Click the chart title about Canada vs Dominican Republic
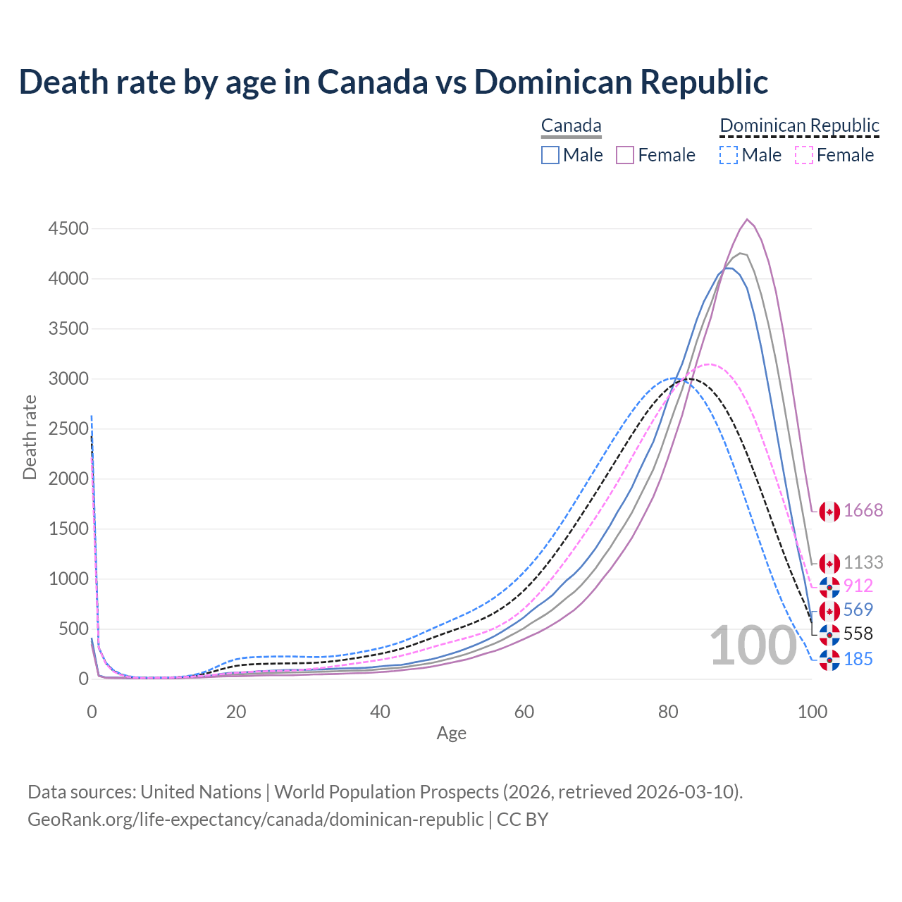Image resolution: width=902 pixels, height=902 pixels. [393, 82]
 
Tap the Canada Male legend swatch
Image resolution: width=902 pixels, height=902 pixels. [550, 155]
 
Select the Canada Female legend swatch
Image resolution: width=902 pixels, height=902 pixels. [626, 155]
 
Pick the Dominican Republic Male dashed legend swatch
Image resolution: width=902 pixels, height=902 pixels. [729, 155]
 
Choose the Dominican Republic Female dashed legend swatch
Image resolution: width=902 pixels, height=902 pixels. [804, 155]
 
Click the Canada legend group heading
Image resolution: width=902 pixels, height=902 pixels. [571, 126]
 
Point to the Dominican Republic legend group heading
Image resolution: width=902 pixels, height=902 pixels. [799, 126]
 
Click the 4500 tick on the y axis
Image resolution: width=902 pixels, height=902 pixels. [68, 229]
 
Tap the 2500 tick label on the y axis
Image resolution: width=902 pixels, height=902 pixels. [68, 429]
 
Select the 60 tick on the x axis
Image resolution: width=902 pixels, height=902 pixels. [524, 712]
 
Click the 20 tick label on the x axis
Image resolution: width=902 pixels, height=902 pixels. [236, 712]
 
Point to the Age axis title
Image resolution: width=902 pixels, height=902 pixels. [451, 734]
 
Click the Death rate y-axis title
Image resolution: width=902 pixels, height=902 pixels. [30, 437]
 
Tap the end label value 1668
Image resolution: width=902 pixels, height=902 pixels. [863, 511]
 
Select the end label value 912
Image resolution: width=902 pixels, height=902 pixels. [858, 586]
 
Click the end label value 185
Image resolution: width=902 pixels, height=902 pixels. [858, 660]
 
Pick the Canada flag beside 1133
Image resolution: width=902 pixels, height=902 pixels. [829, 563]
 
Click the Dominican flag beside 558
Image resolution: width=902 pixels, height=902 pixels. [829, 634]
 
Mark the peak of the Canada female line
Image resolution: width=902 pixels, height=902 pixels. [747, 219]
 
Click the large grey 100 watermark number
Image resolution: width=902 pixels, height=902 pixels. [753, 646]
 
